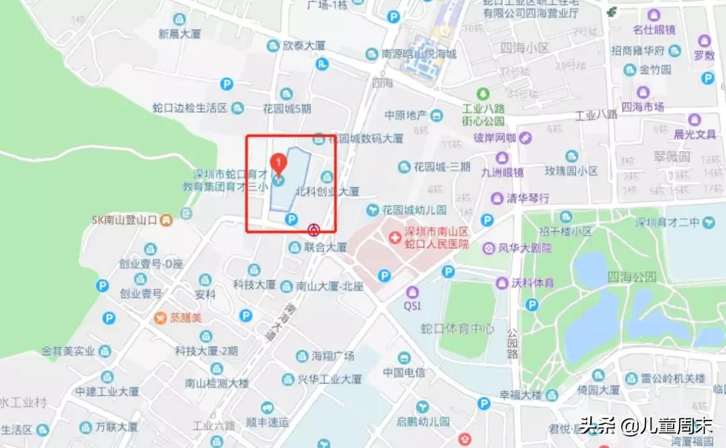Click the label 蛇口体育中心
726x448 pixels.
click(x=457, y=329)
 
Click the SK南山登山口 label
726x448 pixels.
click(x=124, y=220)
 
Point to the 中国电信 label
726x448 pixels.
click(x=403, y=372)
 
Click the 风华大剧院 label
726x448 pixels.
click(x=524, y=248)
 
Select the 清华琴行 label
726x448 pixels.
click(x=527, y=198)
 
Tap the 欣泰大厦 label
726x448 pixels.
click(x=304, y=46)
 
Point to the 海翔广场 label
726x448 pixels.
click(x=333, y=355)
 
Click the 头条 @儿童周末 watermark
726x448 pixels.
click(x=646, y=425)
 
